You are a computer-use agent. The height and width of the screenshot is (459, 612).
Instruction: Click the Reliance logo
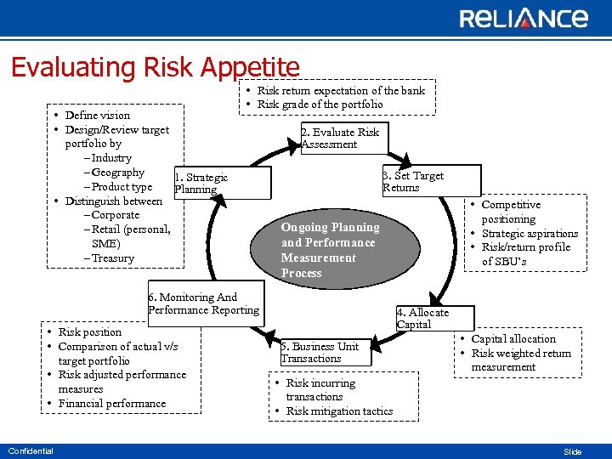(524, 19)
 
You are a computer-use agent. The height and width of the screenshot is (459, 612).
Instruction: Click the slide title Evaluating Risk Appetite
(156, 67)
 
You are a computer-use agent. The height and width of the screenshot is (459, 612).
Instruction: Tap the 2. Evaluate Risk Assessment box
(341, 138)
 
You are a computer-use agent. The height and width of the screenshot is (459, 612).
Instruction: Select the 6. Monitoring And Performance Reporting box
(205, 303)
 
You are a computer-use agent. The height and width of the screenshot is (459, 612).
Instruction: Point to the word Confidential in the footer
(31, 450)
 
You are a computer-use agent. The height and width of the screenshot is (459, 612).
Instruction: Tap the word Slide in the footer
(573, 452)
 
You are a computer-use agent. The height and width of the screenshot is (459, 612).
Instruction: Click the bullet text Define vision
(98, 116)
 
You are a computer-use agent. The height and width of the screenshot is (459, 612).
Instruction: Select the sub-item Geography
(117, 173)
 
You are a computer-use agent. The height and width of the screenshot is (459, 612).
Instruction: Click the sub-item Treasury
(112, 258)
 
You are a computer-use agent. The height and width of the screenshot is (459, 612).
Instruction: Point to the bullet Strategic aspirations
(530, 234)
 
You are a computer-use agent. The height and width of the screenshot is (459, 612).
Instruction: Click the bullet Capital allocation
(513, 339)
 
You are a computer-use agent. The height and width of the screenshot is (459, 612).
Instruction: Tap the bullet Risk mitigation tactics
(339, 411)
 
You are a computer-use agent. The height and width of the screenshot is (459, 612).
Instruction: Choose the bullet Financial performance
(112, 404)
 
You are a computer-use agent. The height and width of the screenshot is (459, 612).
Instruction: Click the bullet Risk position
(90, 332)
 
